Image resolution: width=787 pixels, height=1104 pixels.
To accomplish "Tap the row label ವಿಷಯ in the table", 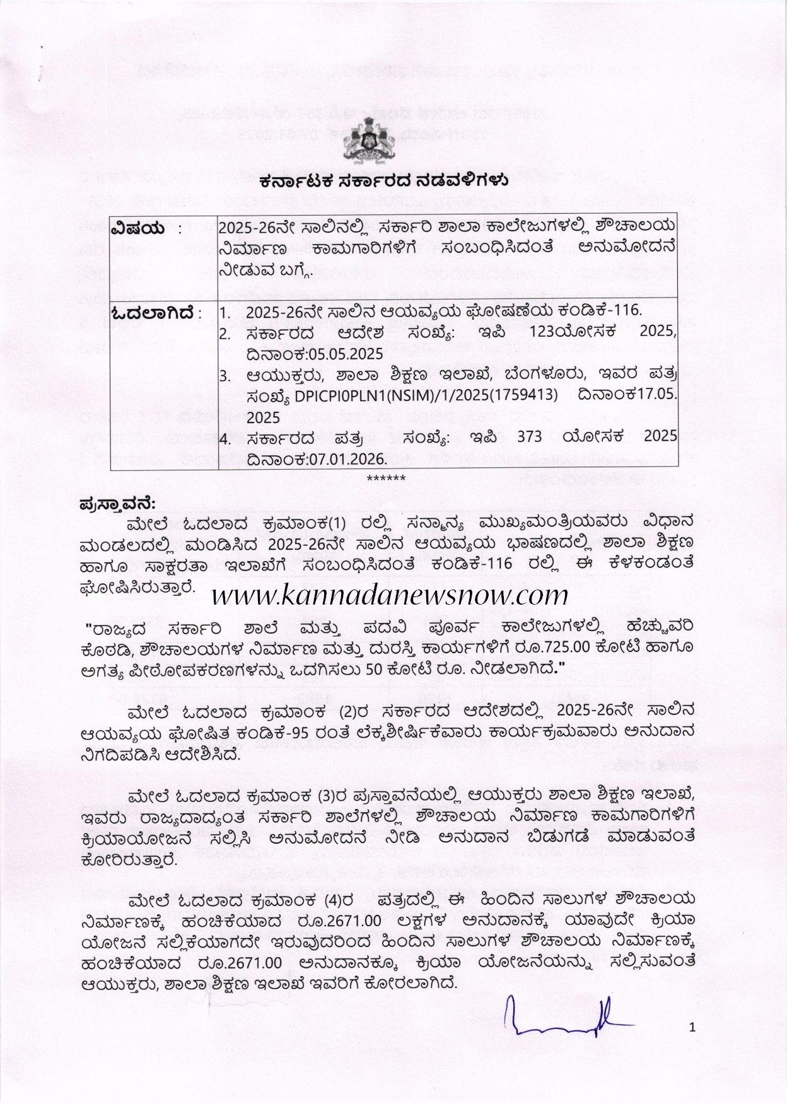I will pyautogui.click(x=137, y=228).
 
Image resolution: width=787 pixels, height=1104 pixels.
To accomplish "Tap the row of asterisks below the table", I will pyautogui.click(x=386, y=479).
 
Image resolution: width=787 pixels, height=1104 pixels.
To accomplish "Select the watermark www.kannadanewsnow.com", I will pyautogui.click(x=390, y=595).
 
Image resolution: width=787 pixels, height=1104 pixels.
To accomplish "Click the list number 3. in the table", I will pyautogui.click(x=224, y=376).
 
